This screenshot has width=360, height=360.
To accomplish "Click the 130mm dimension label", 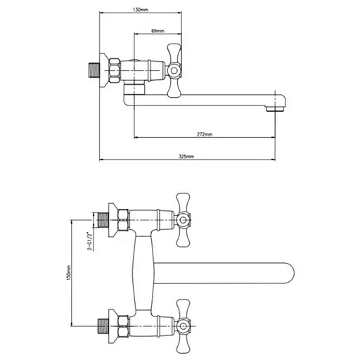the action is coord(140,10).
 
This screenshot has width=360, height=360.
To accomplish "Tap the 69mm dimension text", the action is coord(157,31).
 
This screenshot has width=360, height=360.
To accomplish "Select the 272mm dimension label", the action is coord(205,134).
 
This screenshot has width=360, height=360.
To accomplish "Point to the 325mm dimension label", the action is coord(186,156).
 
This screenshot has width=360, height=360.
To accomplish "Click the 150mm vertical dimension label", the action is coord(68,273).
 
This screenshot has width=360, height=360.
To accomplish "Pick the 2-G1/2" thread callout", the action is coord(89,241).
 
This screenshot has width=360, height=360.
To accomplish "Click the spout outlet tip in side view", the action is coord(275,109).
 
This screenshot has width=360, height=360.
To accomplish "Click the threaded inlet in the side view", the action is coord(94,70).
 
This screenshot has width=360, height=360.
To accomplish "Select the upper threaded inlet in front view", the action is coord(103,220).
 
